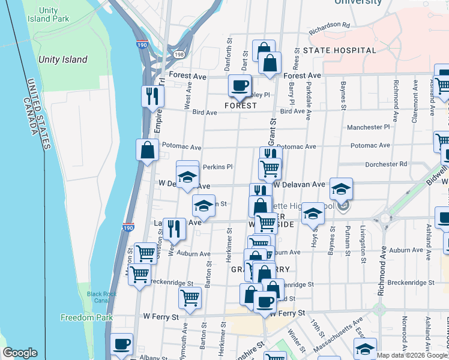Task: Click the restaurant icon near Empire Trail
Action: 152,95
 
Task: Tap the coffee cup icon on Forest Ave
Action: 240,85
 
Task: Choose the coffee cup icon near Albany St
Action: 121,344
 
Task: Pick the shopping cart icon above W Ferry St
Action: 190,297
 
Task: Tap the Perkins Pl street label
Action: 217,167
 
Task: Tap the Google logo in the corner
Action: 20,353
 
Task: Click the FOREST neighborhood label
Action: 241,106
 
